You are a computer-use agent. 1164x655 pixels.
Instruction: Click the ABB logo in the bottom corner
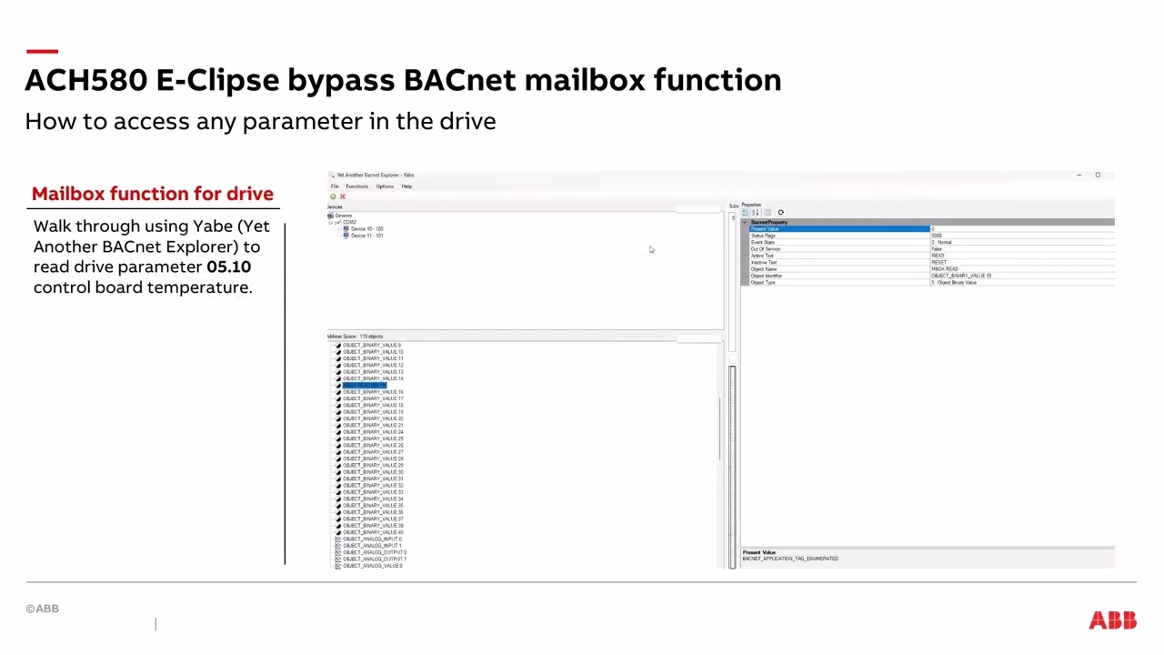(1112, 620)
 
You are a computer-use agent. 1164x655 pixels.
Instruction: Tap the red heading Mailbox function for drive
(152, 194)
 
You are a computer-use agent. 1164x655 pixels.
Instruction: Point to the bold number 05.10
(228, 267)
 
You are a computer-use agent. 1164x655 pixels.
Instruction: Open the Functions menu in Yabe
(356, 186)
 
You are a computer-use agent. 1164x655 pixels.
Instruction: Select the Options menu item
(385, 186)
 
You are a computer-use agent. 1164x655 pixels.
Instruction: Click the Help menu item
(406, 186)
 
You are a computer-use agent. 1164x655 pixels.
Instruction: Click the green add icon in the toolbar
(333, 196)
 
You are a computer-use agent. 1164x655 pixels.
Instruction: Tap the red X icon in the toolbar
(343, 196)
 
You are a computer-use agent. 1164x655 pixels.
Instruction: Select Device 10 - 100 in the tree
(366, 229)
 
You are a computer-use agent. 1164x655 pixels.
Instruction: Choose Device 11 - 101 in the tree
(366, 236)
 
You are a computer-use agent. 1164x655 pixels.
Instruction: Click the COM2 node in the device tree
(349, 222)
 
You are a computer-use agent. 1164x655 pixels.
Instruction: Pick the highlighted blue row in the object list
(364, 386)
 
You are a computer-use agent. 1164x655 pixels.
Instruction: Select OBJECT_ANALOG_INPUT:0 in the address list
(371, 539)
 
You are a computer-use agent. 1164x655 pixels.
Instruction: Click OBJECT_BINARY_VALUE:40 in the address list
(372, 532)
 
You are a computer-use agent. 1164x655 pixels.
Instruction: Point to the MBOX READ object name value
(944, 269)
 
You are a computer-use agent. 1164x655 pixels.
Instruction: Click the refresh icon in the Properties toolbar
(780, 213)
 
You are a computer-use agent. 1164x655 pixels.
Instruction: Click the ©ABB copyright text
(42, 609)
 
